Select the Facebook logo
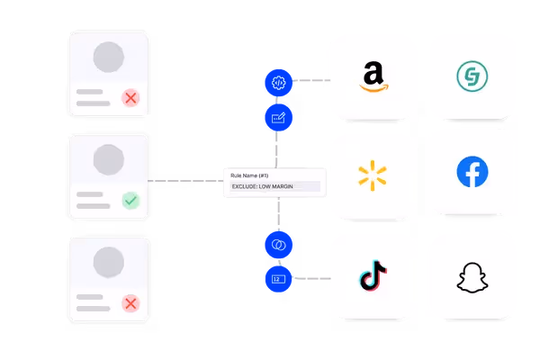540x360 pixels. point(472,172)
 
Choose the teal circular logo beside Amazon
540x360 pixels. point(472,75)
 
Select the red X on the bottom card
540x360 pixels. point(130,303)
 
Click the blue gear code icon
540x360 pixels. point(278,82)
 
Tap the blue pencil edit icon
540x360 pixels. point(278,117)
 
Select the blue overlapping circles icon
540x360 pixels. point(278,244)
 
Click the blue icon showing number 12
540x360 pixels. point(278,279)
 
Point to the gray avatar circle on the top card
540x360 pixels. point(110,58)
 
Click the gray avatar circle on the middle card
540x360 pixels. point(110,159)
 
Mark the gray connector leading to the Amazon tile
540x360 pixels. point(310,80)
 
